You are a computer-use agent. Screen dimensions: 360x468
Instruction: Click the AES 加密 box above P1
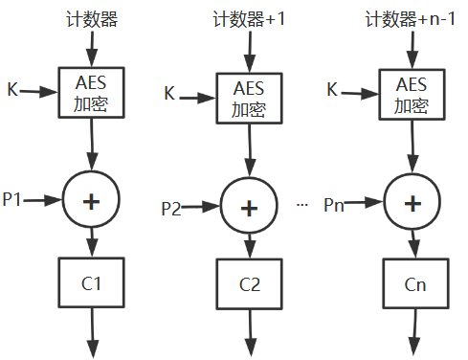(92, 94)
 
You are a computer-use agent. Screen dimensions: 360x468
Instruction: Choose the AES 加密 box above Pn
(412, 93)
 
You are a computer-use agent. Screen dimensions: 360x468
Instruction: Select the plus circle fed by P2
(251, 206)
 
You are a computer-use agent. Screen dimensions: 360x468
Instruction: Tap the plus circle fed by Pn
(413, 203)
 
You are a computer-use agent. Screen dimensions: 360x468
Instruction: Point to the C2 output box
(251, 284)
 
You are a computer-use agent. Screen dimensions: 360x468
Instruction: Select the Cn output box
(413, 284)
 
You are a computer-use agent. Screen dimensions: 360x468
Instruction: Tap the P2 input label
(171, 208)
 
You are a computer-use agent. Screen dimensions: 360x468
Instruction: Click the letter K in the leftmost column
(11, 91)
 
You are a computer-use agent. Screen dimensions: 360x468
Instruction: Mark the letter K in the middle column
(169, 94)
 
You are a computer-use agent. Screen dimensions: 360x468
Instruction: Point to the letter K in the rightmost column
(332, 90)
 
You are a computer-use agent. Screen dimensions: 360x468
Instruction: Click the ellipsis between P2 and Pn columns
(302, 205)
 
